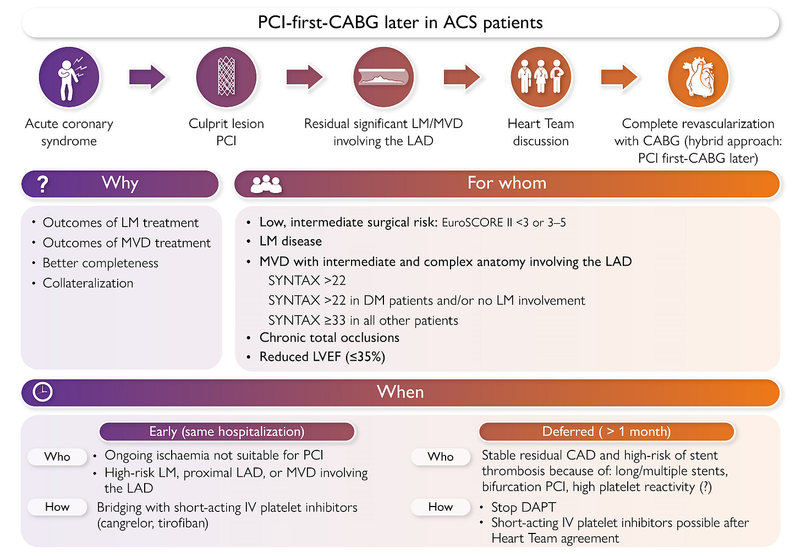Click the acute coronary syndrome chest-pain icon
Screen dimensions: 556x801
click(69, 77)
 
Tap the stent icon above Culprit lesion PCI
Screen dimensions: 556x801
click(226, 77)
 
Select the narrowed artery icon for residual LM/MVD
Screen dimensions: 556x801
click(383, 77)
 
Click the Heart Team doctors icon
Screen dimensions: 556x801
click(541, 77)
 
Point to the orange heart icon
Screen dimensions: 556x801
click(698, 77)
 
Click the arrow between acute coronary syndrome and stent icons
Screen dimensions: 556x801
click(147, 77)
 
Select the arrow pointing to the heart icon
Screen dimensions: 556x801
click(619, 77)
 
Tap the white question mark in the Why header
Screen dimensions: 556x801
click(42, 184)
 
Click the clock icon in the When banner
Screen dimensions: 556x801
click(43, 392)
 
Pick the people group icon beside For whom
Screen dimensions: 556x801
click(266, 184)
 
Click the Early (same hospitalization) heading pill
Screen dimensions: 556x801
click(227, 432)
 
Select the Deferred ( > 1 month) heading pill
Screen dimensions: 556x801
click(606, 432)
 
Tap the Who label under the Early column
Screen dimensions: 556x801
click(57, 456)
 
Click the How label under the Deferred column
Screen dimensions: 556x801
click(441, 507)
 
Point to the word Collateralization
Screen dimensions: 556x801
click(88, 283)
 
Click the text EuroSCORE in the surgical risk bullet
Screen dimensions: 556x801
click(472, 223)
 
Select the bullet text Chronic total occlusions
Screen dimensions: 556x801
click(329, 338)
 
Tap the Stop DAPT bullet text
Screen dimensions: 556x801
click(523, 507)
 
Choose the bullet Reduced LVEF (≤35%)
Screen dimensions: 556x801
click(322, 357)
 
